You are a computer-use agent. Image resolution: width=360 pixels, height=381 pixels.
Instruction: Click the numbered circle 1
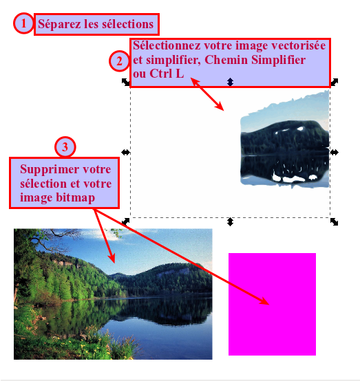23,23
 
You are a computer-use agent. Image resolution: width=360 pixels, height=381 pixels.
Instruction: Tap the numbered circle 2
119,61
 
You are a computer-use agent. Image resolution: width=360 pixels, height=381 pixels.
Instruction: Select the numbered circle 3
65,147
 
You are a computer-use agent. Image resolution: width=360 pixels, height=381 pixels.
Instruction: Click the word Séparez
59,24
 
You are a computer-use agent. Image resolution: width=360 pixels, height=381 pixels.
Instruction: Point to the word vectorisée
299,45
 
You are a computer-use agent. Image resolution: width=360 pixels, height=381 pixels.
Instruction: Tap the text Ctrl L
167,74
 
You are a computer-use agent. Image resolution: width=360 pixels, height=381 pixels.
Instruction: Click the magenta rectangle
272,304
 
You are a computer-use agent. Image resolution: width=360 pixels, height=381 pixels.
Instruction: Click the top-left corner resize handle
125,82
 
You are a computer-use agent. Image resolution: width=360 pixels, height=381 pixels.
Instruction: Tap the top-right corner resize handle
335,82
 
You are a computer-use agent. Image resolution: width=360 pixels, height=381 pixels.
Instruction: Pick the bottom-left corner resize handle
125,221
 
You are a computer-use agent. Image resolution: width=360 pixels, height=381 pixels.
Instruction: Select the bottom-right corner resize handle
335,221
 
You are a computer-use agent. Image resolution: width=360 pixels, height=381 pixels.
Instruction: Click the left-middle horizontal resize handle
125,153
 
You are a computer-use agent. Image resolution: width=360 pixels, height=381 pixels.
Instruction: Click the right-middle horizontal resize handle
335,153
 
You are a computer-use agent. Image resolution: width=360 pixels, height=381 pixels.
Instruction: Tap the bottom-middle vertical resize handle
230,222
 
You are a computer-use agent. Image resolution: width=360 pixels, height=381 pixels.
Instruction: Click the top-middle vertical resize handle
230,82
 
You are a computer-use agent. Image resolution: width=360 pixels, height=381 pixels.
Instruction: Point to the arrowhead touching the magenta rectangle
264,301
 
